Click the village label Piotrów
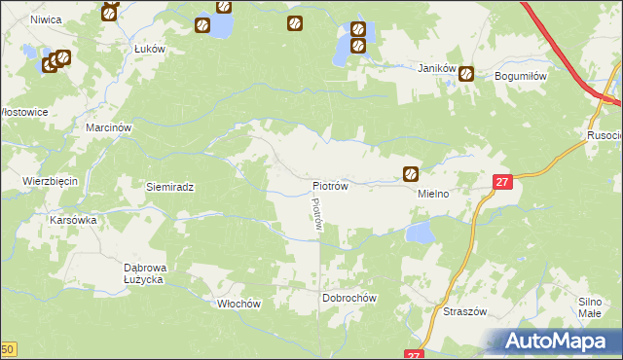point(330,185)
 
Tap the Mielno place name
point(433,194)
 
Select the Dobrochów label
point(348,297)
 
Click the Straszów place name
point(464,312)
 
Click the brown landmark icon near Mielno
point(411,174)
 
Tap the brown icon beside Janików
point(467,73)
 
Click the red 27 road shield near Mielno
point(501,181)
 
